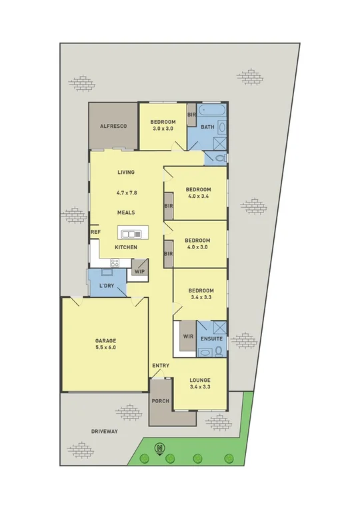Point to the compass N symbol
coord(159,448)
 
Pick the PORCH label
coord(161,401)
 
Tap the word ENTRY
coord(161,366)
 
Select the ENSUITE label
coord(211,338)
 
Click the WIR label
coord(188,337)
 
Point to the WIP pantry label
coord(139,271)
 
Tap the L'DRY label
coord(106,286)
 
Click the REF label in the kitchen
coord(95,232)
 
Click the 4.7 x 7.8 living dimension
coord(126,193)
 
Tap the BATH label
coord(207,127)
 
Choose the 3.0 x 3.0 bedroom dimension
coord(162,129)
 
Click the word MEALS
coord(126,213)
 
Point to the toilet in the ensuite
coord(219,351)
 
